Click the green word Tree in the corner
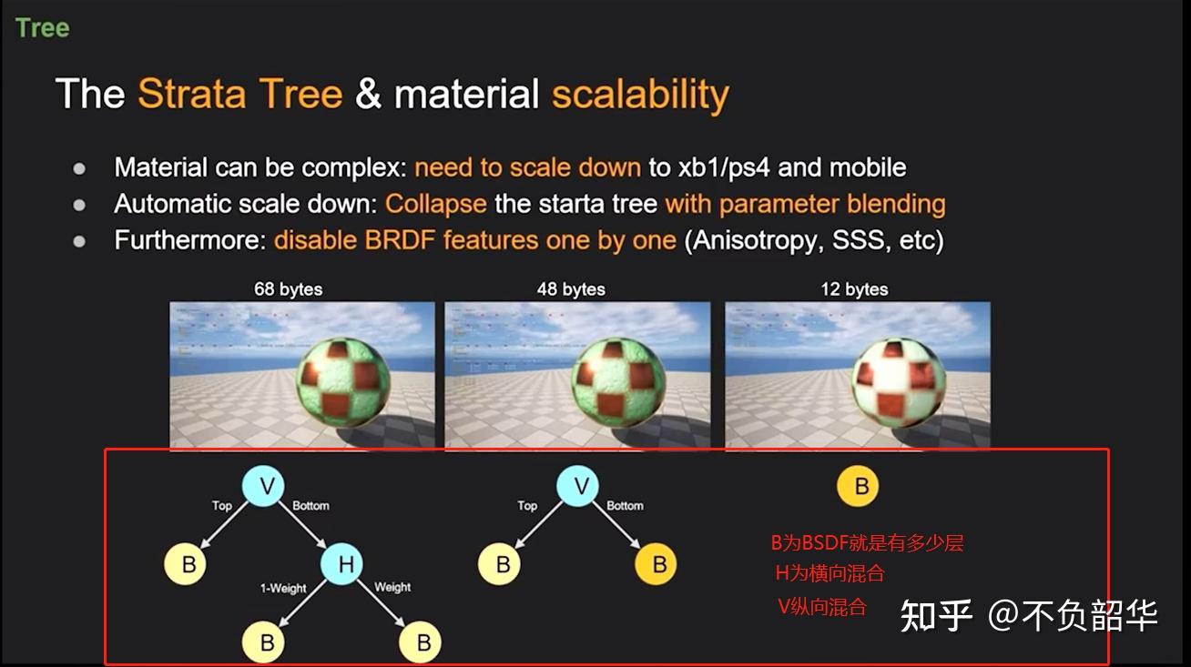43,28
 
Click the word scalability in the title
641,95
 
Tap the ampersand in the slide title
368,94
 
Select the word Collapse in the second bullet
436,204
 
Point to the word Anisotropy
754,240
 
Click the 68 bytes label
288,289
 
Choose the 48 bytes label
571,289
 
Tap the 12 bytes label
854,289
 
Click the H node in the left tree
341,564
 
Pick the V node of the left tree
263,485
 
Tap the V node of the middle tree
577,485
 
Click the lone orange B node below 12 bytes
858,486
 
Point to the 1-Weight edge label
283,589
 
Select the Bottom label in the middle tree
625,505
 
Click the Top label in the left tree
221,505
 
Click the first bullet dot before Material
79,168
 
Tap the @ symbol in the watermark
1003,616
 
